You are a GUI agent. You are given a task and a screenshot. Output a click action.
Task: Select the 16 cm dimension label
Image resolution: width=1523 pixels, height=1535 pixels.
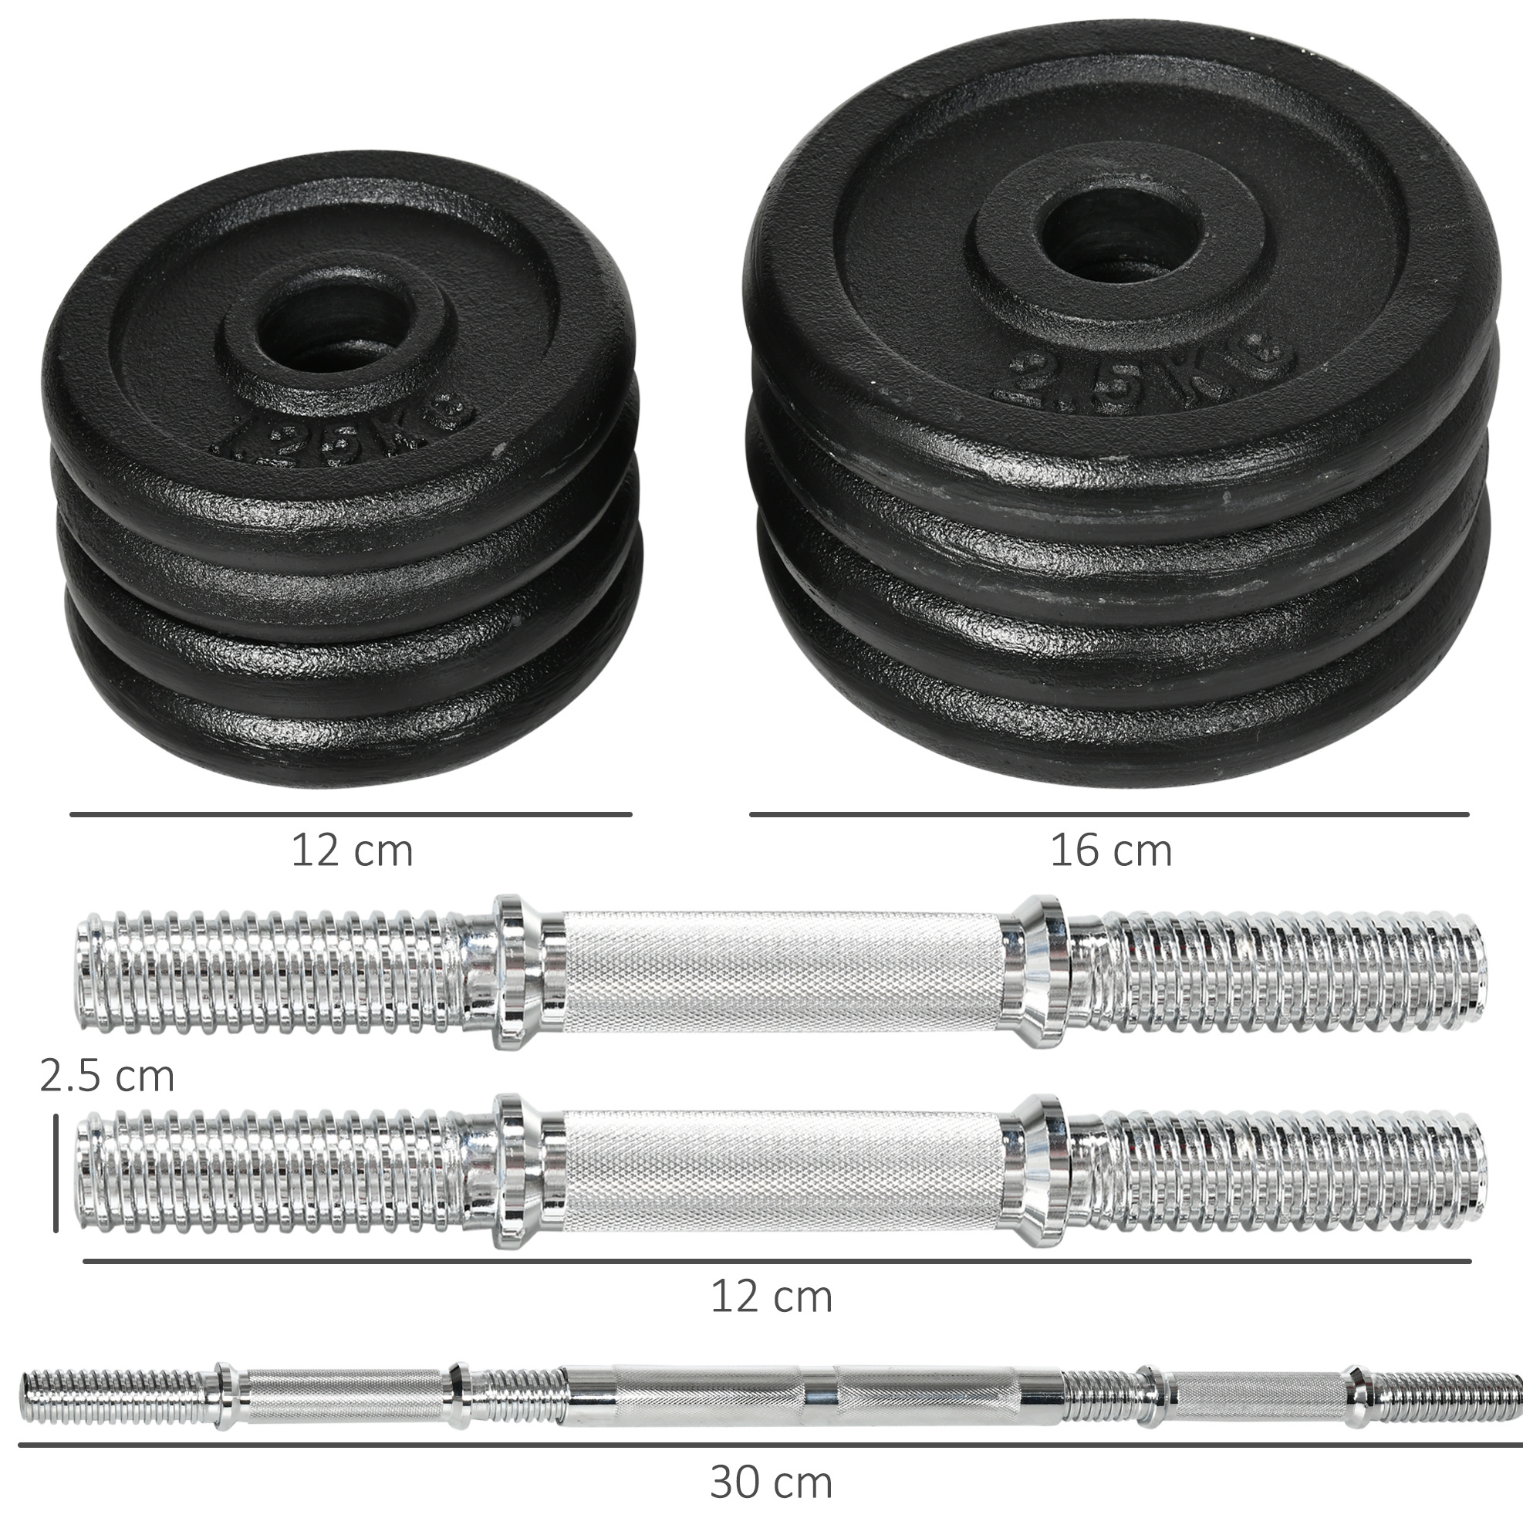pyautogui.click(x=1111, y=851)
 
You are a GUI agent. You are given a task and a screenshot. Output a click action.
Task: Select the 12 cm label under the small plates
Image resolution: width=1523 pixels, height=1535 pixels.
pyautogui.click(x=352, y=851)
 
